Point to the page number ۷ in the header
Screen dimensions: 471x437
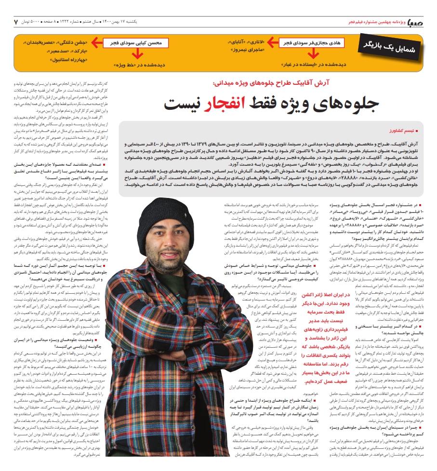pos(16,22)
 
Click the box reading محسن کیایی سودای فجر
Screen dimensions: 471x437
pos(136,43)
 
